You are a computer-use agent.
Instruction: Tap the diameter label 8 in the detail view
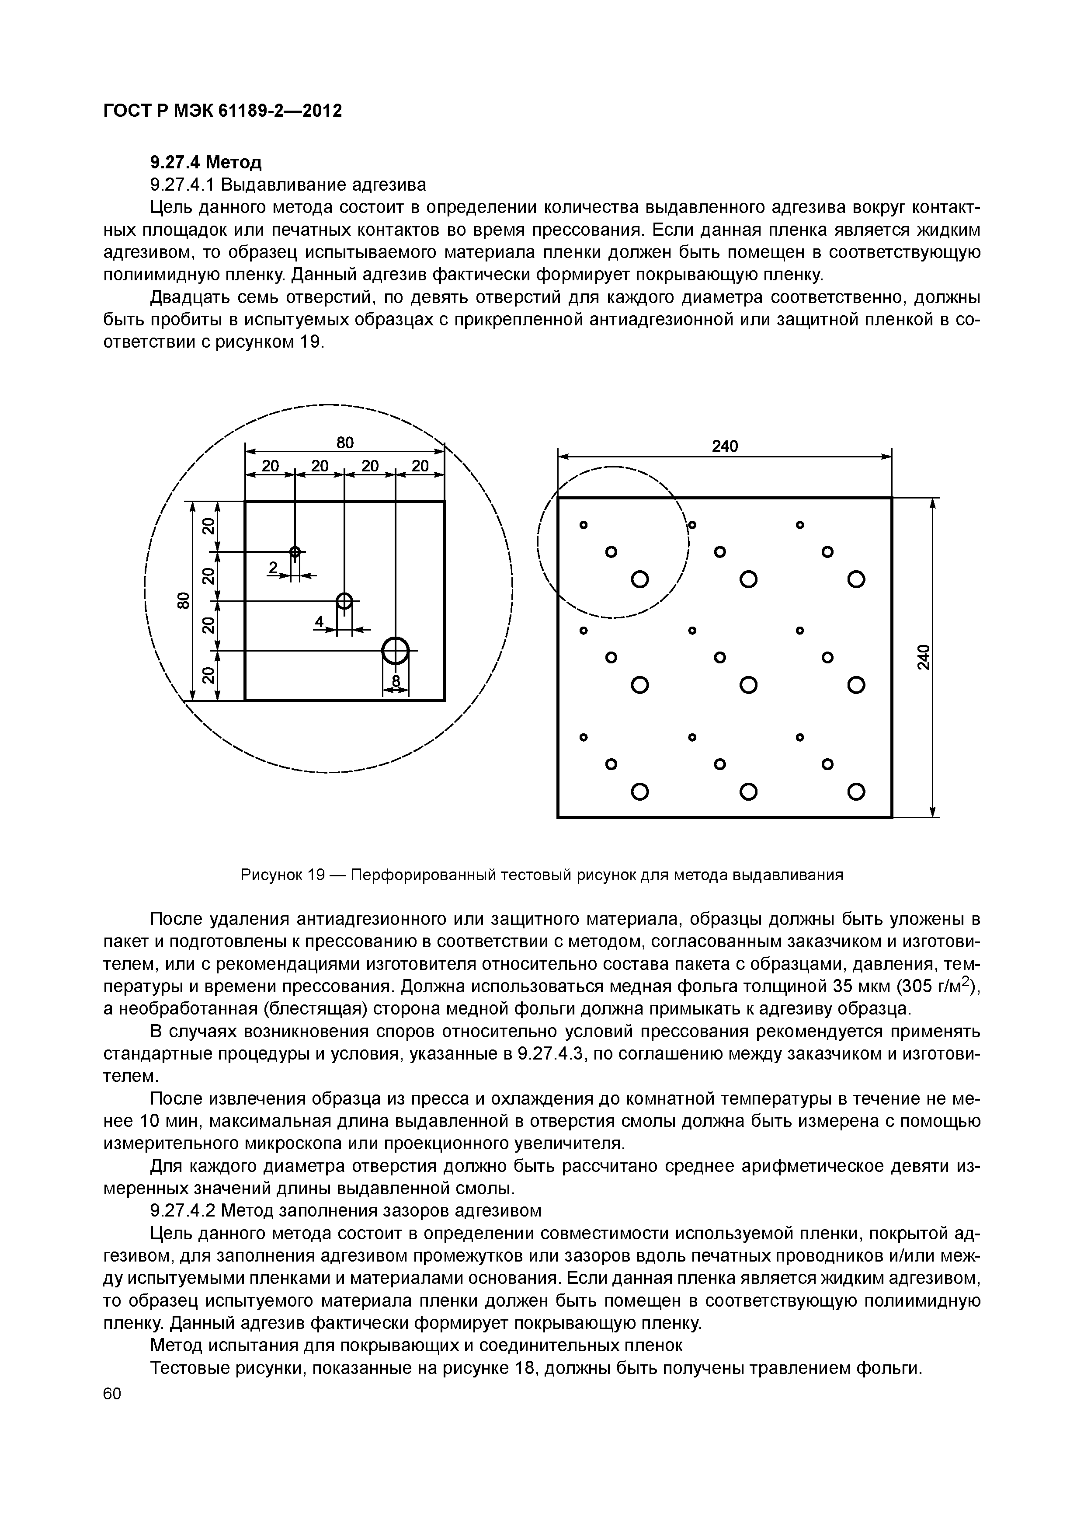click(x=396, y=681)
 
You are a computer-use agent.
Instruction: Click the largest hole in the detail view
click(x=396, y=651)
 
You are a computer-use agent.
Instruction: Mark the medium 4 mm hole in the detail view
click(x=344, y=601)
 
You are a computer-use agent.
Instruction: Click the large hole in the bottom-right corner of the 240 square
click(x=856, y=792)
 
